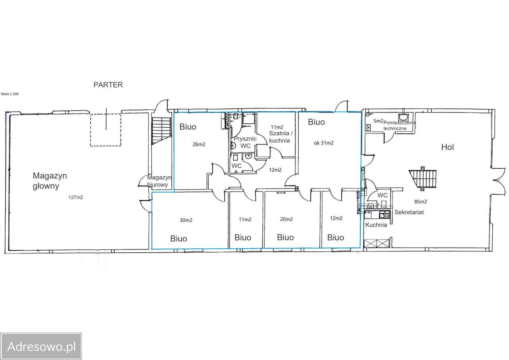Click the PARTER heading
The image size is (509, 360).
coord(108,85)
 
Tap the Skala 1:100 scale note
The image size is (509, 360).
coord(10,94)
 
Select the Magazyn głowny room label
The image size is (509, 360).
coord(50,181)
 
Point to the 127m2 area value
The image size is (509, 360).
coord(76,197)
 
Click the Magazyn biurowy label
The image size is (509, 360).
coord(159,181)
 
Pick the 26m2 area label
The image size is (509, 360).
coord(199,144)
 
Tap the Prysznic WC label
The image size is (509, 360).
coord(245,142)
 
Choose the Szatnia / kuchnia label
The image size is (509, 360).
coord(280,137)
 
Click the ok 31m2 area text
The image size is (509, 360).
coord(324,143)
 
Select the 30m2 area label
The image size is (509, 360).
coord(186,220)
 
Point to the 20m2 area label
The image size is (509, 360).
coord(286,219)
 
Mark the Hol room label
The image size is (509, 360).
coord(447,147)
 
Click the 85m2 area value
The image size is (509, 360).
coord(421,202)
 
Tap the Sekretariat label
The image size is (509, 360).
coord(409,212)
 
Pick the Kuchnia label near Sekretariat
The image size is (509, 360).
coord(376,225)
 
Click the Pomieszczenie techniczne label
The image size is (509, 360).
coord(400,125)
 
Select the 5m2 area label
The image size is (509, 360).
coord(378,121)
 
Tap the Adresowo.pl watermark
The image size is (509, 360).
coord(41,346)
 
